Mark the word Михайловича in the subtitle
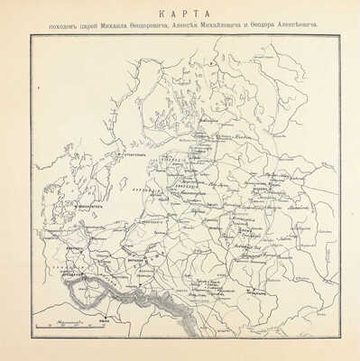click(246, 26)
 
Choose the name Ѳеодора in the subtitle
click(283, 26)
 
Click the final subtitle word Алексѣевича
click(318, 26)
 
